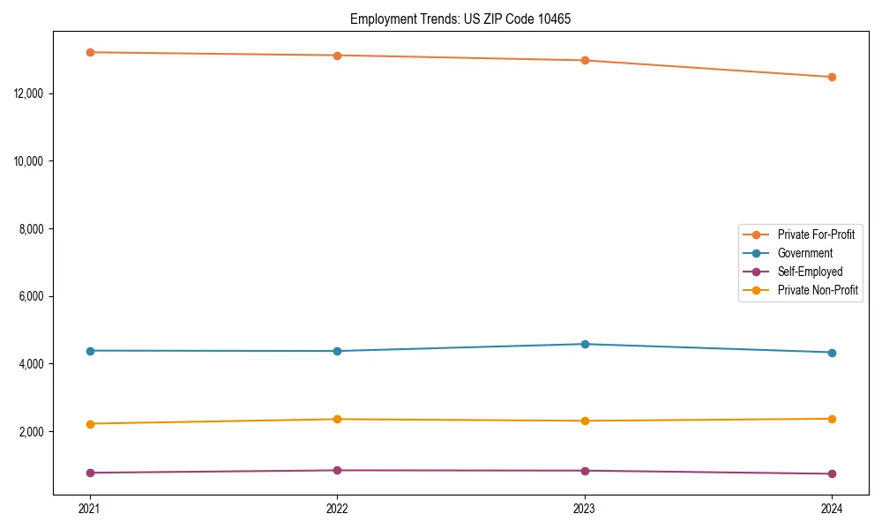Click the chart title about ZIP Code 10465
[x=460, y=19]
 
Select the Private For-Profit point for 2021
[x=90, y=52]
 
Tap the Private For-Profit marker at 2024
[x=832, y=77]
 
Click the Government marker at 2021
[x=90, y=351]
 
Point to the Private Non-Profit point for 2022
[x=337, y=419]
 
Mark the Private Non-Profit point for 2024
[x=832, y=419]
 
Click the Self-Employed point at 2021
[x=90, y=473]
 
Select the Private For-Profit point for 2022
[x=337, y=56]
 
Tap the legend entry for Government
[x=804, y=253]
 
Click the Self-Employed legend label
[x=810, y=272]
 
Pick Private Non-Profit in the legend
[x=818, y=290]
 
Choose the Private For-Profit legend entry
[x=816, y=235]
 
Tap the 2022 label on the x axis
[x=337, y=509]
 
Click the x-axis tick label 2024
[x=832, y=509]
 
